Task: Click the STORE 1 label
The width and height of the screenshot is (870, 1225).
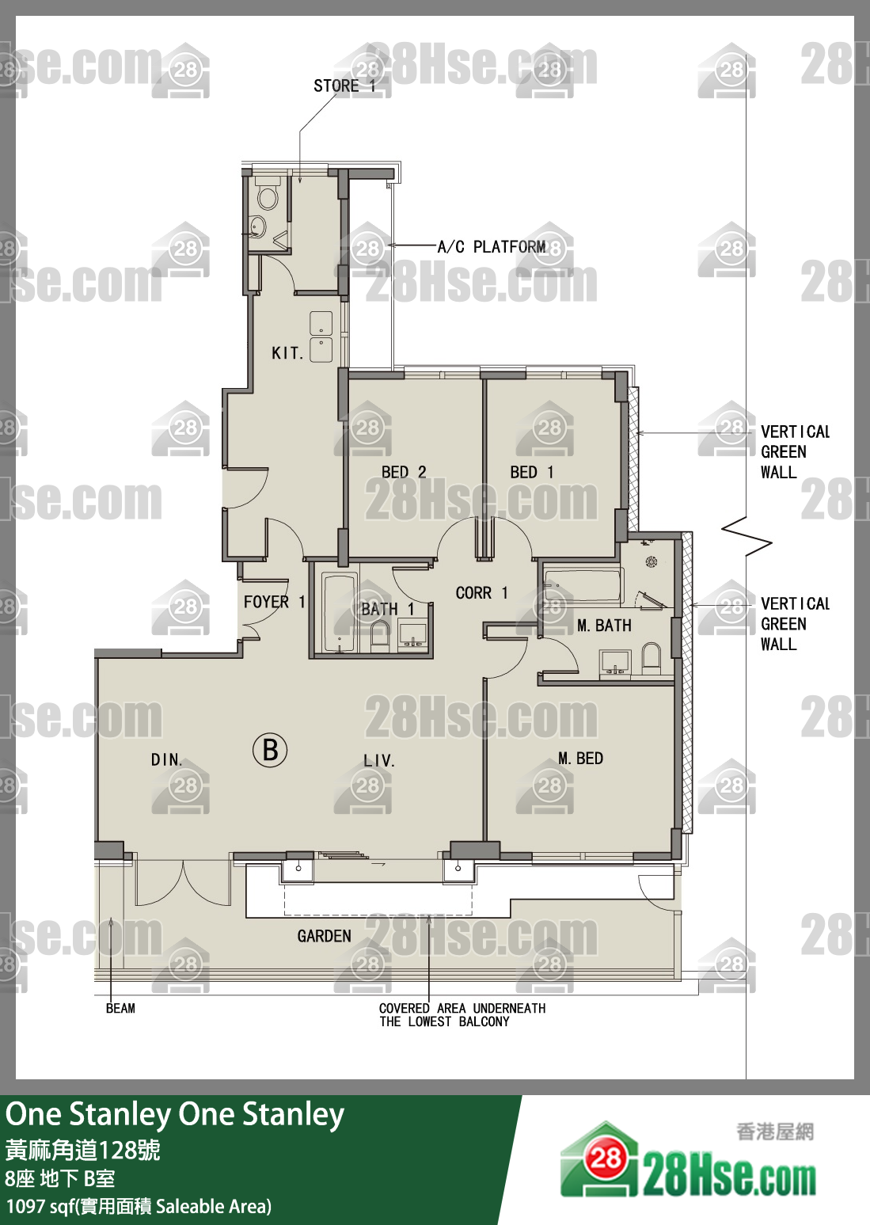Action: [344, 86]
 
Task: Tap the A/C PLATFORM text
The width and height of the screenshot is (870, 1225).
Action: [492, 247]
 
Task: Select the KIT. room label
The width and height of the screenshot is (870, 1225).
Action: [287, 353]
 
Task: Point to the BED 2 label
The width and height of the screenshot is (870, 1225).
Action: [404, 472]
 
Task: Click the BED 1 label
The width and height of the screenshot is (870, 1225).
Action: [531, 472]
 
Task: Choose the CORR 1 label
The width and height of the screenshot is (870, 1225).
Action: [481, 593]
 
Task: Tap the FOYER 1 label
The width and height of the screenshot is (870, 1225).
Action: [274, 602]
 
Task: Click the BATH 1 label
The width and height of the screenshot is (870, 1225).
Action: [387, 609]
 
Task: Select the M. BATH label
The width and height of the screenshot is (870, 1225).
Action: [604, 625]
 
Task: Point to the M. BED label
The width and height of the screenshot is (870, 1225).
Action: [581, 759]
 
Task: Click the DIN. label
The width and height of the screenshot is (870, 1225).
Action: [167, 759]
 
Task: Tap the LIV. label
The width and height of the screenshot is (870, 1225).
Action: [379, 760]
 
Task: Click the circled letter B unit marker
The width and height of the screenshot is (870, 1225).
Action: [270, 751]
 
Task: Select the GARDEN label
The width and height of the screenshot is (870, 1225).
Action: [325, 936]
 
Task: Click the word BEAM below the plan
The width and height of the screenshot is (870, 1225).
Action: [120, 1008]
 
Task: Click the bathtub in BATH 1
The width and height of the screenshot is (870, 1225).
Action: [339, 613]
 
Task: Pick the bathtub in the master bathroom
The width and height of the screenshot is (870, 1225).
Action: [583, 585]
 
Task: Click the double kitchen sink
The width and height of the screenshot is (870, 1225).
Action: [321, 337]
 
